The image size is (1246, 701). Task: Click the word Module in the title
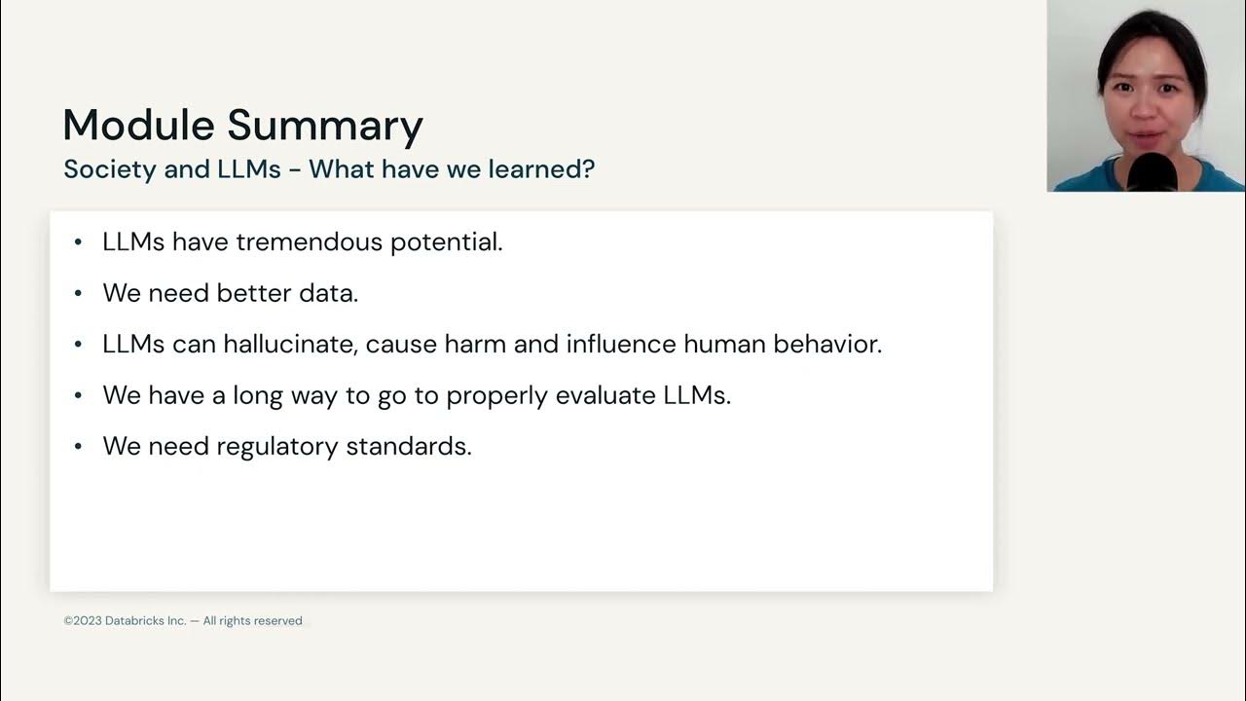138,126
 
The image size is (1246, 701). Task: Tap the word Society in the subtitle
109,169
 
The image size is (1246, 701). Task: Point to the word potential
446,242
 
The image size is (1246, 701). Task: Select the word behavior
830,344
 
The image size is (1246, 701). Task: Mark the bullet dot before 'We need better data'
78,293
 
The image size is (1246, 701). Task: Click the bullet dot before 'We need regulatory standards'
78,446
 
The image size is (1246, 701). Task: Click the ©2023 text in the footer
83,621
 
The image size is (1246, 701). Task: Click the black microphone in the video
1153,172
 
